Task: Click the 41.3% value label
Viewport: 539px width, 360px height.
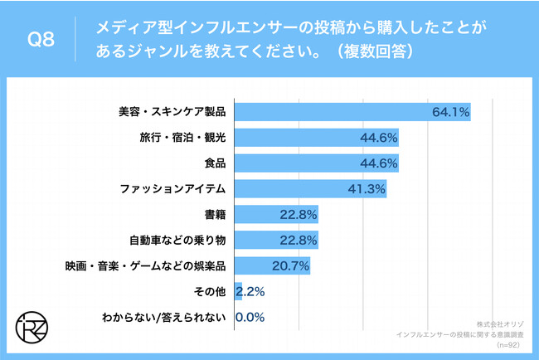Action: pos(366,189)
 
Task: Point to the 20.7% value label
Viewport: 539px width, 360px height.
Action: pos(290,266)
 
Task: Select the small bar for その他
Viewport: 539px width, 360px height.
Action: pos(239,292)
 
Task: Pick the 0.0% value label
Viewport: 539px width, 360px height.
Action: pos(251,318)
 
